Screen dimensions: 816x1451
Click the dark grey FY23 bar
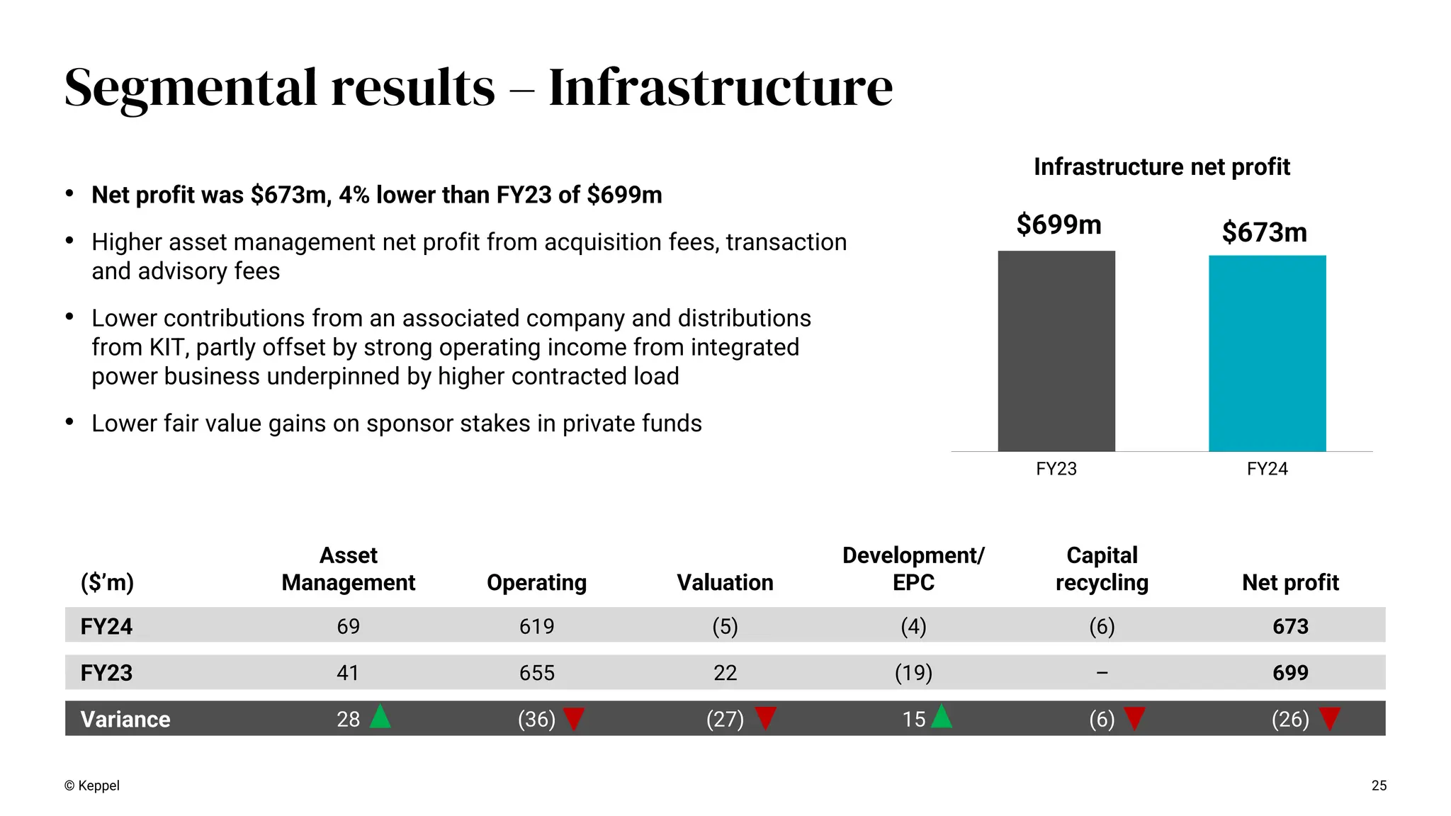click(x=1056, y=351)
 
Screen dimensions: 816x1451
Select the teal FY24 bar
click(x=1267, y=353)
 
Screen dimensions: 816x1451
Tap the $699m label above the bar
click(x=1058, y=225)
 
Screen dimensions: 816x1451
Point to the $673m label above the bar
click(x=1264, y=232)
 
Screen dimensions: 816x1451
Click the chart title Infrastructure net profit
click(x=1161, y=166)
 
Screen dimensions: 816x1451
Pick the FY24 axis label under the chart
click(x=1267, y=469)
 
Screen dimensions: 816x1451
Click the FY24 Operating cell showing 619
click(x=536, y=626)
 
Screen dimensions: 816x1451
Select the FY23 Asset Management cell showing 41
click(x=347, y=672)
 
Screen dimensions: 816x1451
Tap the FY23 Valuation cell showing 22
click(x=725, y=672)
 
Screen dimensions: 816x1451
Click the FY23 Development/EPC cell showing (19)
click(x=913, y=672)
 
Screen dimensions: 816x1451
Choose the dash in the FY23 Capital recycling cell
click(x=1102, y=672)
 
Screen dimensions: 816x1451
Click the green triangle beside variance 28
click(x=380, y=718)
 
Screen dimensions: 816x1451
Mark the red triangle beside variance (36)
click(x=573, y=718)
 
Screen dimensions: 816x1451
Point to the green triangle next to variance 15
click(x=942, y=718)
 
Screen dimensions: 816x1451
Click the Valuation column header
click(x=725, y=582)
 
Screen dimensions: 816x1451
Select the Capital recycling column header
click(x=1102, y=569)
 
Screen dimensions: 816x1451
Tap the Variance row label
click(x=125, y=719)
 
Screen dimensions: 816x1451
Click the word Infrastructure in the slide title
click(x=721, y=87)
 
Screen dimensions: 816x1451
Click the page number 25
click(x=1379, y=786)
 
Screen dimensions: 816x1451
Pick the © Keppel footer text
click(x=92, y=786)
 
